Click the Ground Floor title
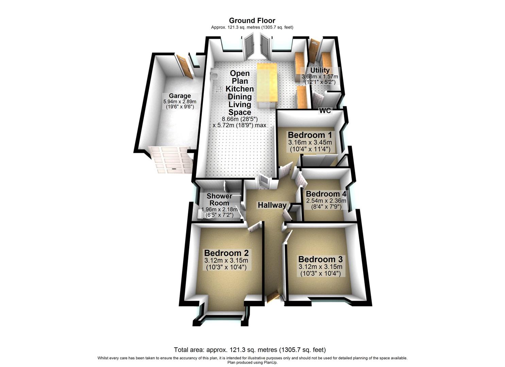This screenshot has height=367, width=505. click(252, 21)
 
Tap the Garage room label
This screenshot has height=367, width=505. click(180, 96)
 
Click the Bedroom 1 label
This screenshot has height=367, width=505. click(310, 135)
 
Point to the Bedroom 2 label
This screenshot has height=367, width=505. click(226, 253)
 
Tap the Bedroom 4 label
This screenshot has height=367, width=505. click(326, 194)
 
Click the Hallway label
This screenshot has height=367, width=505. click(272, 205)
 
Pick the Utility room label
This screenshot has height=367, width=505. click(320, 70)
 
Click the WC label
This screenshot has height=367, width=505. click(325, 111)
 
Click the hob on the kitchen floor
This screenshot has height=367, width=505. click(219, 90)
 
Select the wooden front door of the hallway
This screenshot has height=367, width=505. click(273, 297)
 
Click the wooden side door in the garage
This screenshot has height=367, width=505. click(184, 67)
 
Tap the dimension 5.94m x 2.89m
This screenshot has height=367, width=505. click(180, 102)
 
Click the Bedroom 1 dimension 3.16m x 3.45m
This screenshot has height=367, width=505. click(310, 142)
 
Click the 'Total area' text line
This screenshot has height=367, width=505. click(250, 350)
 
